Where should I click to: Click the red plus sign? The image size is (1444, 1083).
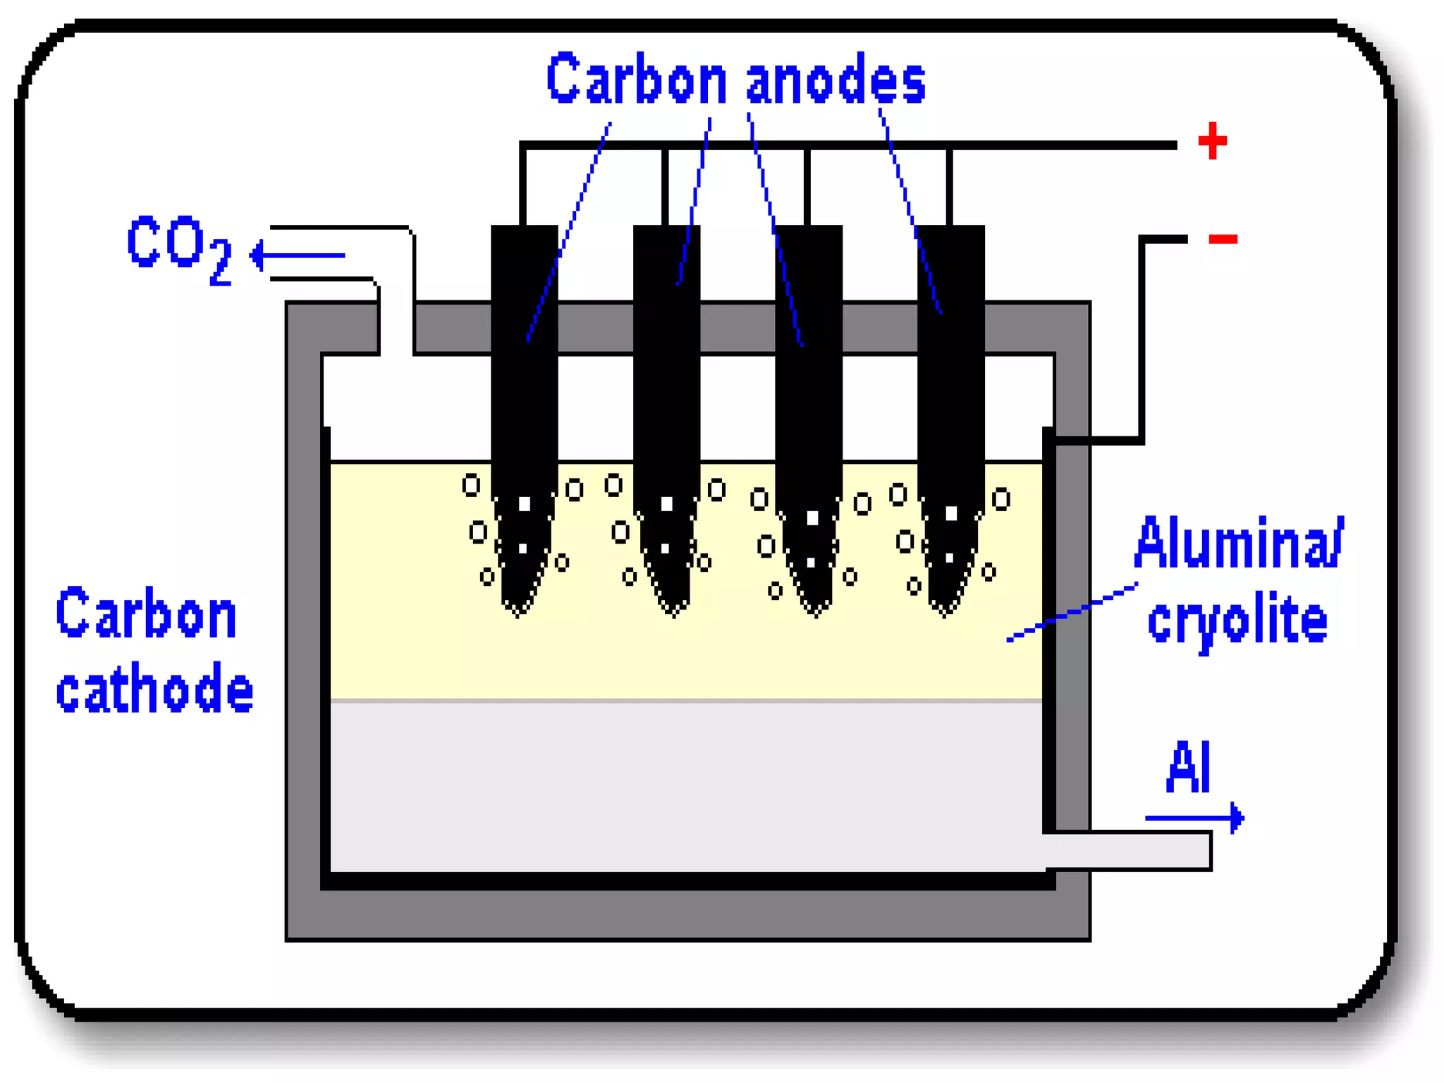click(x=1212, y=141)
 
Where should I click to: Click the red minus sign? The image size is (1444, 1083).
click(x=1223, y=239)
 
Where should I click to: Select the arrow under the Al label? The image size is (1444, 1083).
click(x=1194, y=818)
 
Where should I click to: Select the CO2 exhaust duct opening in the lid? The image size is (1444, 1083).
click(x=396, y=324)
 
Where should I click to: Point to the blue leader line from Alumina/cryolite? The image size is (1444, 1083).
click(x=1072, y=611)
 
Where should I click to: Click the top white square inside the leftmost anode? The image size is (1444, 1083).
click(x=525, y=503)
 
